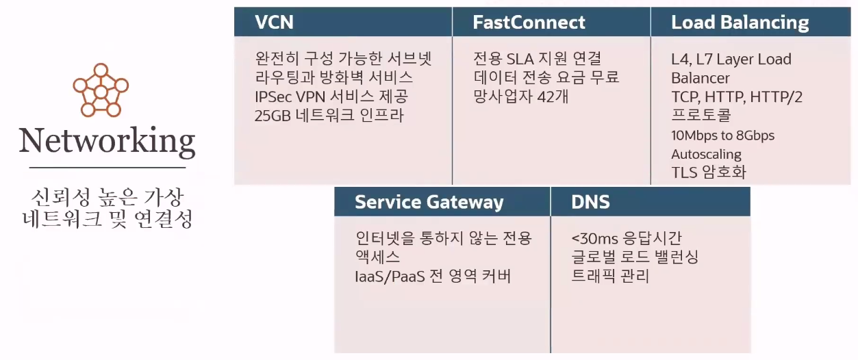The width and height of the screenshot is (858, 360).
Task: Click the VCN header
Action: point(274,23)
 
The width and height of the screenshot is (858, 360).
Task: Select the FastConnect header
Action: point(529,23)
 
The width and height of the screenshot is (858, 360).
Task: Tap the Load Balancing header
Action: point(740,23)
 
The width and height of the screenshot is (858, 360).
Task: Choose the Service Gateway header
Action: point(429,202)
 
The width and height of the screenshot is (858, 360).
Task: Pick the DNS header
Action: point(590,202)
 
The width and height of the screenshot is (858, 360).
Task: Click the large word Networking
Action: point(108,140)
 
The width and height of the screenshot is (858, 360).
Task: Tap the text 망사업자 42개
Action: point(520,97)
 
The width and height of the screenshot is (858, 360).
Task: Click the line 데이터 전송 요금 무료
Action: point(546,77)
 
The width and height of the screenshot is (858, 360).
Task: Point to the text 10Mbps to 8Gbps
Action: point(722,136)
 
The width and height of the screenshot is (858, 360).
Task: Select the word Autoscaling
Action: point(706,154)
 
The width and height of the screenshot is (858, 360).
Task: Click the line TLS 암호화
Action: point(709,172)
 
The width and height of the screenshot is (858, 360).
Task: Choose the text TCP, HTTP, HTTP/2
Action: point(737,97)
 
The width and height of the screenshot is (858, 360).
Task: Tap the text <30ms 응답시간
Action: point(627,239)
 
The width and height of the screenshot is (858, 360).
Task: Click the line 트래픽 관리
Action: point(610,276)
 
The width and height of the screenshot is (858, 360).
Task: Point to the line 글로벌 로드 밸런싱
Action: point(635,257)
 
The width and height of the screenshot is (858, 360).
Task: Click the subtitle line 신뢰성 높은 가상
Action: point(108,198)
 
